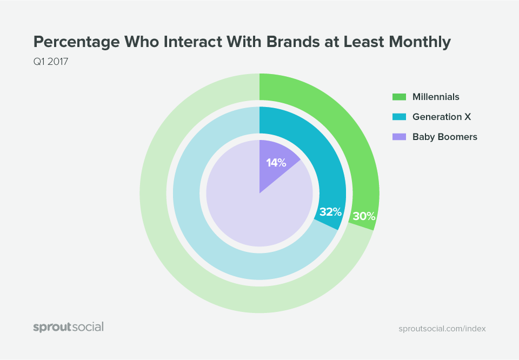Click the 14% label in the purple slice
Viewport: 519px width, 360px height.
point(276,162)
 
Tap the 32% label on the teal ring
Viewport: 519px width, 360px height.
point(330,212)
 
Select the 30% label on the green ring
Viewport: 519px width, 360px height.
point(364,217)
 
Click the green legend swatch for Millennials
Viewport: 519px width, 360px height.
point(399,97)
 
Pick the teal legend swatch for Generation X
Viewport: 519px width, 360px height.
point(399,117)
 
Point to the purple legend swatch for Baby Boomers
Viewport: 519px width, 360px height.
point(399,137)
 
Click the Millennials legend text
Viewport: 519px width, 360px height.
point(436,97)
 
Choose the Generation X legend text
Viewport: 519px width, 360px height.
point(438,117)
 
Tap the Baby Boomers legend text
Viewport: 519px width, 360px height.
point(444,137)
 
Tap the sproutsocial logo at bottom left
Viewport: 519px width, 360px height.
point(68,327)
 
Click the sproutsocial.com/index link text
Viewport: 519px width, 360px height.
point(442,329)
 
